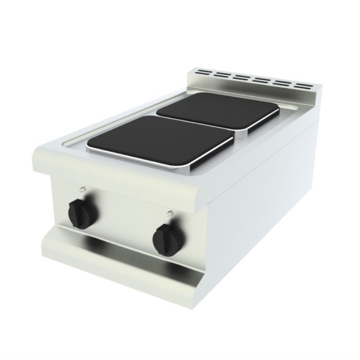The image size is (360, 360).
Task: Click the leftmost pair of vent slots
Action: (203, 72)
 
